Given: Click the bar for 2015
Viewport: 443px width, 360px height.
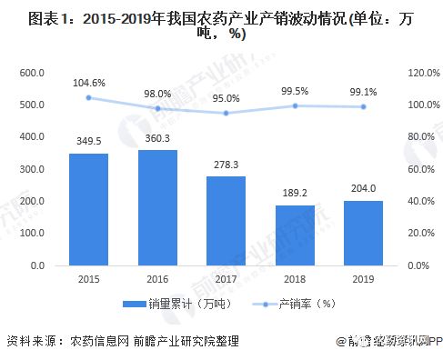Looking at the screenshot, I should tap(88, 209).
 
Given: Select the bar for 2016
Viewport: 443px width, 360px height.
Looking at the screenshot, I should tap(157, 207).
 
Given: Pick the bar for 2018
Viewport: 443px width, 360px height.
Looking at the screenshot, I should tap(295, 235).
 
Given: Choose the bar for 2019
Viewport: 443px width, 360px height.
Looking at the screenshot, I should tap(363, 233).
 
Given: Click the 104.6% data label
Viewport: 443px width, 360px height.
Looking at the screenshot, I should tap(88, 82).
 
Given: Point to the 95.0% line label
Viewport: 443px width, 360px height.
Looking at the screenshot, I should tap(226, 97).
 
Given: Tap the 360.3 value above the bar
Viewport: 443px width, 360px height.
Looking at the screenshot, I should tap(157, 137).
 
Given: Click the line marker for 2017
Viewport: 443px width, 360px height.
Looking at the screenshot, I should tap(226, 113).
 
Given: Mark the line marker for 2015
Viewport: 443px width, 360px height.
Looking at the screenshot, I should tap(88, 97).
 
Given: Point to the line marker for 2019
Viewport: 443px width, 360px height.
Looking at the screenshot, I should tap(363, 106).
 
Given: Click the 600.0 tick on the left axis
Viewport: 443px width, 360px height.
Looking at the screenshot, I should tap(32, 73).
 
